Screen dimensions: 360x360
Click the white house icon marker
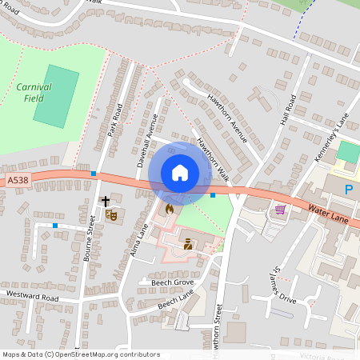click(179, 172)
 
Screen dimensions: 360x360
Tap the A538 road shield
click(17, 181)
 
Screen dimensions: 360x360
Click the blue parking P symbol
click(348, 189)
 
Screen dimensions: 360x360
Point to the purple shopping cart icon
click(280, 210)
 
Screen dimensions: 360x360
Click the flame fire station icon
click(169, 209)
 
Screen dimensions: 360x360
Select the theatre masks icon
click(111, 214)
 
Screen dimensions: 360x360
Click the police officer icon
click(188, 244)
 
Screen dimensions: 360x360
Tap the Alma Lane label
click(139, 241)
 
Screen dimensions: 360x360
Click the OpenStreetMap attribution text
click(81, 354)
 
